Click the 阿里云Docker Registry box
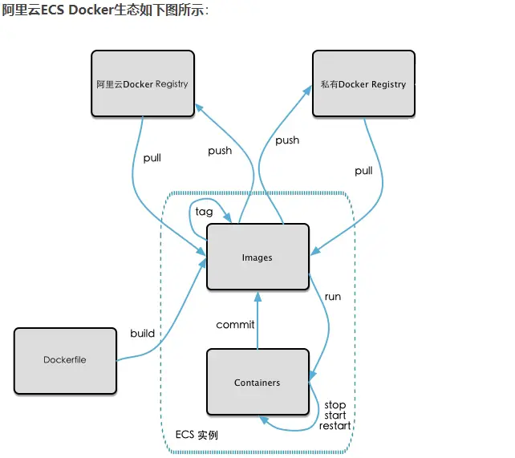[x=142, y=83]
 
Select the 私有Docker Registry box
[x=363, y=83]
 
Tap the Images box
[x=257, y=257]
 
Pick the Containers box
[x=257, y=383]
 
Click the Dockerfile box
[x=65, y=360]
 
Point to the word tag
[x=204, y=212]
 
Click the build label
[x=142, y=334]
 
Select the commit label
[x=235, y=325]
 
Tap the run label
[x=332, y=297]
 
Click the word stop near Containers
[x=335, y=405]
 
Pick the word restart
[x=335, y=426]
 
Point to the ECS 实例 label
[x=197, y=436]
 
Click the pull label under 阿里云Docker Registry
[x=152, y=158]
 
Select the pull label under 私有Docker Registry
[x=363, y=171]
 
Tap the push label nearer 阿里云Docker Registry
[x=220, y=151]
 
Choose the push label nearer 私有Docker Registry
[x=287, y=140]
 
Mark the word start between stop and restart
[x=335, y=415]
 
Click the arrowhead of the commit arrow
[x=257, y=296]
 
